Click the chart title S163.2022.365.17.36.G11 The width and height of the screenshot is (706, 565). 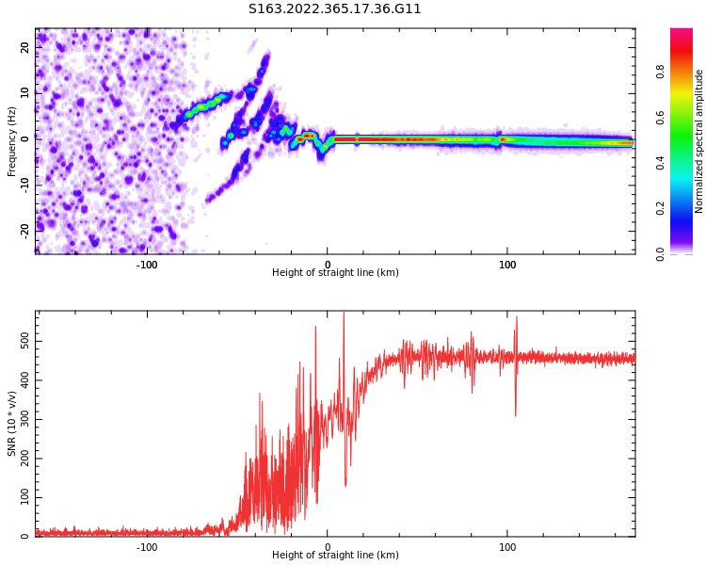(x=334, y=9)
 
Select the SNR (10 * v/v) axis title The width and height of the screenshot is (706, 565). (x=12, y=425)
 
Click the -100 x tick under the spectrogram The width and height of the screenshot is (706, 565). (x=147, y=265)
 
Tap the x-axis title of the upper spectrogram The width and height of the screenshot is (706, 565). (x=335, y=273)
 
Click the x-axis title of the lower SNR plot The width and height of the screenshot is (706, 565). (x=335, y=556)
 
